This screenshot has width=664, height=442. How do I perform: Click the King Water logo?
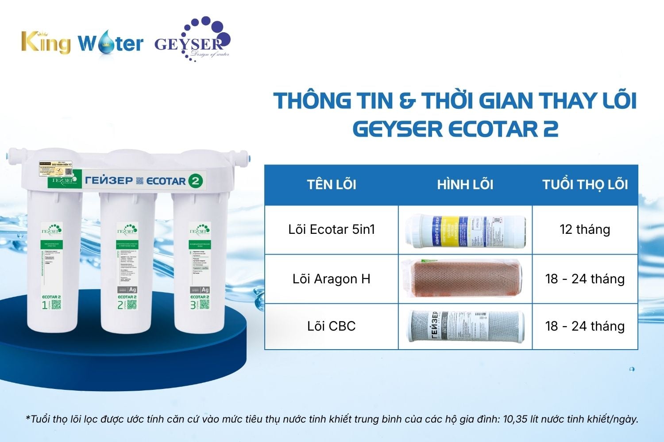tap(82, 43)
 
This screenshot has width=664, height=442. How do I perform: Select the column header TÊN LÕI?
tap(332, 184)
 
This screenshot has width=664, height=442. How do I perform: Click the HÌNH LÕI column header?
tap(465, 184)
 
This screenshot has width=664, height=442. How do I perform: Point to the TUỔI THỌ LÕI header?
tap(585, 184)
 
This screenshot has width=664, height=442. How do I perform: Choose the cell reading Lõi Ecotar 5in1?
tap(332, 229)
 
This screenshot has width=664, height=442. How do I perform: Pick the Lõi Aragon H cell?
tap(332, 279)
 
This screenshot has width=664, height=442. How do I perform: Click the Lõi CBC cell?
tap(332, 326)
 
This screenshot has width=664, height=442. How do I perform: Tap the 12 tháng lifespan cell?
tap(585, 229)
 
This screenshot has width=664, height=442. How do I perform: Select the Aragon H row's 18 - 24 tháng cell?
tap(585, 279)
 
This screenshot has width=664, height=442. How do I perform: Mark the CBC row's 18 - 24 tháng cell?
tap(585, 326)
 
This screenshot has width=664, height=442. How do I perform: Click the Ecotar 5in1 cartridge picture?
tap(466, 230)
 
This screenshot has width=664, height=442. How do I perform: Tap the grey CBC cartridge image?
tap(466, 326)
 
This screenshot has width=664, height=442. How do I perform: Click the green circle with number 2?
tap(195, 180)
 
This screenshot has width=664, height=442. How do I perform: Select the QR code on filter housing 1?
tap(56, 305)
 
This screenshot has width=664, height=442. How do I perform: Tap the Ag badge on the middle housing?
tap(132, 290)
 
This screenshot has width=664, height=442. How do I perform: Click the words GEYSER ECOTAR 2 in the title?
tap(455, 129)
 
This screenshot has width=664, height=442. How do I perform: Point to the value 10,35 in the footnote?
tap(515, 419)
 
